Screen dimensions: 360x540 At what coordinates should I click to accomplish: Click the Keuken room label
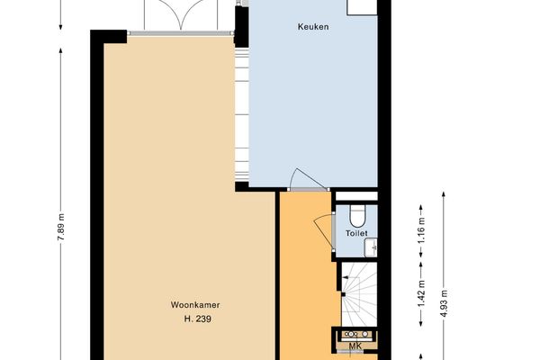313,27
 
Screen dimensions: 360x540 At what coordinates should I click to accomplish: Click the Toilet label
357,233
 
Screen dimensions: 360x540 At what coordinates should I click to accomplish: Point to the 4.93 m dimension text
444,298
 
